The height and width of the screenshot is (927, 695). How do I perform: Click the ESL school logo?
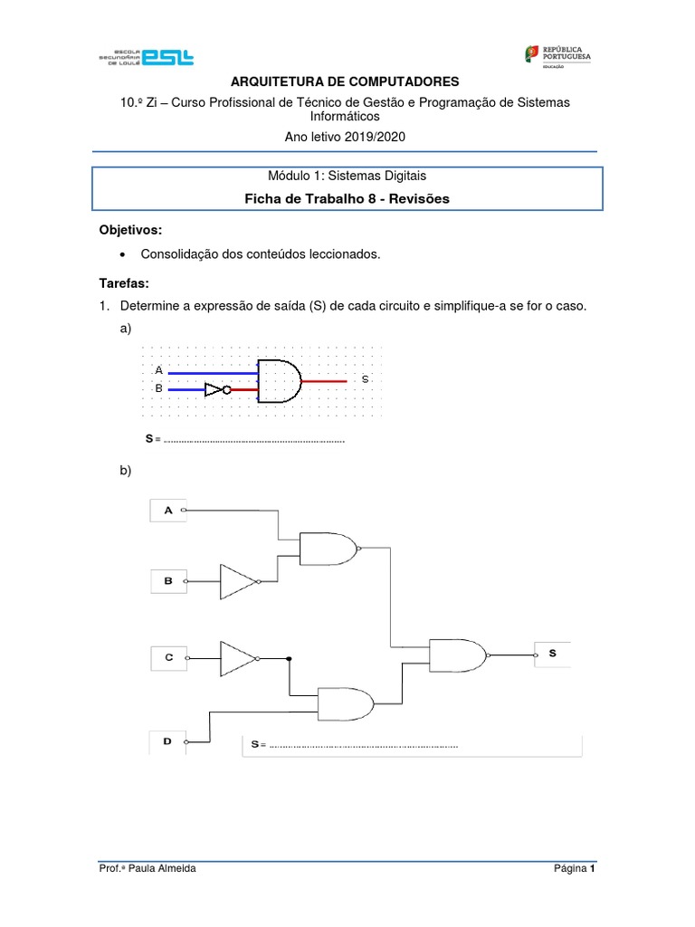[146, 56]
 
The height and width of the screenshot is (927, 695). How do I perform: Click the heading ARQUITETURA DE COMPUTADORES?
[347, 82]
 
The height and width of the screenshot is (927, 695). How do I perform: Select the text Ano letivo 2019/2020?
[347, 137]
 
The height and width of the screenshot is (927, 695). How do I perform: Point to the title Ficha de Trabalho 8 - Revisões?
[347, 198]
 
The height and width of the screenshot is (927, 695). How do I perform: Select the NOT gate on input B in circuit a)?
[215, 390]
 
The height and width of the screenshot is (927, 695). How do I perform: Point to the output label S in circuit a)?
[365, 379]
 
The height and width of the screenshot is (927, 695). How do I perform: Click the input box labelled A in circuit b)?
[167, 511]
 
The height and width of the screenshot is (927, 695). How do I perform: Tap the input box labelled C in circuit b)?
[167, 658]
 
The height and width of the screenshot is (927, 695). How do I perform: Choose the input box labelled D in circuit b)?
[167, 741]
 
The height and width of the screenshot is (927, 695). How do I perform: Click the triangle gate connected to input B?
[239, 581]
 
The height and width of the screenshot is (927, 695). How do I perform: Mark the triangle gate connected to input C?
[239, 658]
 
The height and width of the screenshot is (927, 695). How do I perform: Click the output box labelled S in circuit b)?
[553, 653]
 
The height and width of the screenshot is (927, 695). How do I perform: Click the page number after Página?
[592, 869]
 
